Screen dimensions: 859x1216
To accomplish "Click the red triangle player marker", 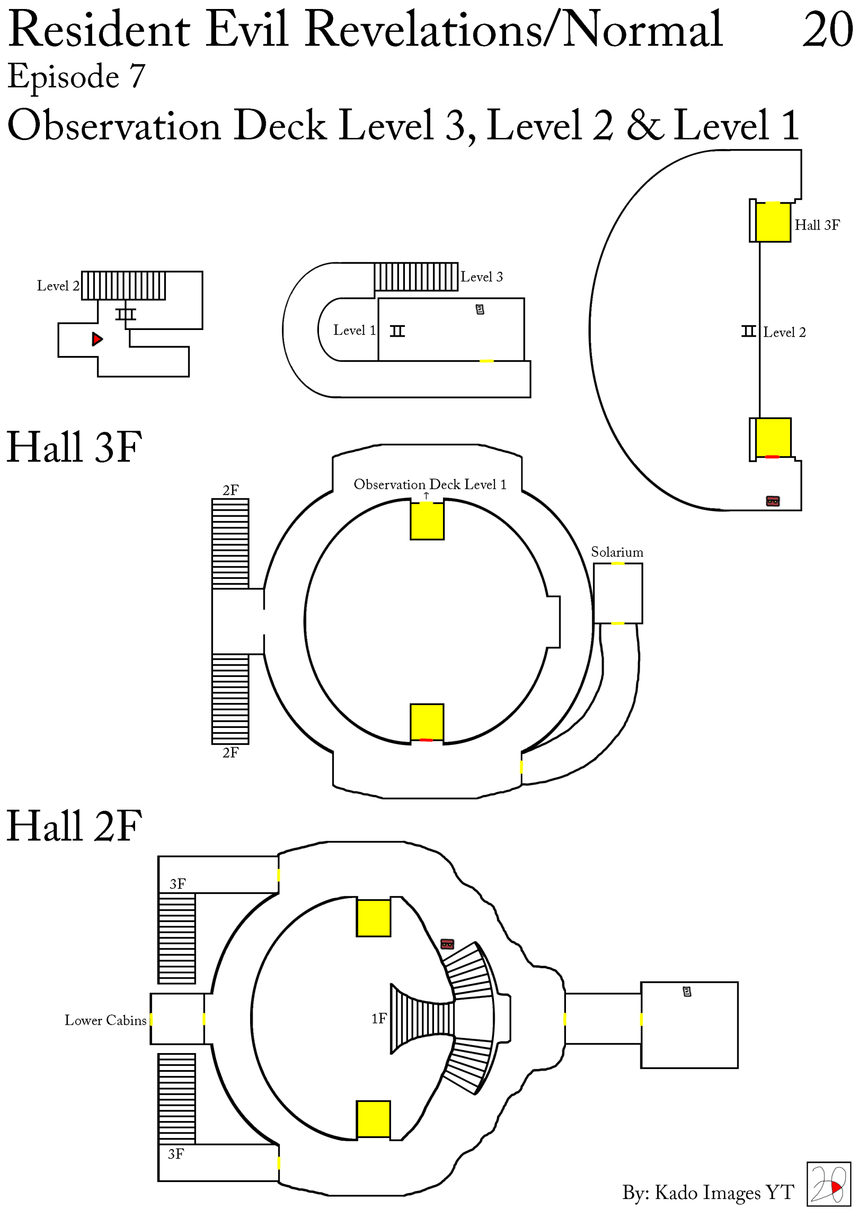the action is pos(97,339).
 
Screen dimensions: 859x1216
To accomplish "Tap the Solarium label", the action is pos(617,552).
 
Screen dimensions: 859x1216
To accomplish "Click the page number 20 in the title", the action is pos(827,30).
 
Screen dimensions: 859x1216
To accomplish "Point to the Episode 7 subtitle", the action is pos(76,76).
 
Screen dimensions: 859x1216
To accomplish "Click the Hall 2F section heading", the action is pos(75,826).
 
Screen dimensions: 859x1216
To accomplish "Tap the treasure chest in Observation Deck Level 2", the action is pos(773,501).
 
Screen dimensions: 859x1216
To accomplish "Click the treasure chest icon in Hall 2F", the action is pos(447,944).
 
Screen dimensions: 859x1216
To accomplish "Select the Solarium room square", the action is pos(618,593).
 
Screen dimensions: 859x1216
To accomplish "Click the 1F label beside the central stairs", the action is pos(379,1019).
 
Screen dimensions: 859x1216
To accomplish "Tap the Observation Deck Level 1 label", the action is pos(430,484).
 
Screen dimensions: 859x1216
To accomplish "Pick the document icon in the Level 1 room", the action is pos(480,309).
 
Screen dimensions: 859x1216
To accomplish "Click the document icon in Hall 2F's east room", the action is pos(687,991).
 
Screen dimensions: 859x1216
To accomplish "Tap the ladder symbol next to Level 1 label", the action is pos(397,331).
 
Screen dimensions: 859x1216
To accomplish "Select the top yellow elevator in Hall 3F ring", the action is pos(427,521).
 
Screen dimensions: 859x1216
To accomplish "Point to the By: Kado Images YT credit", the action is pos(708,1193).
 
